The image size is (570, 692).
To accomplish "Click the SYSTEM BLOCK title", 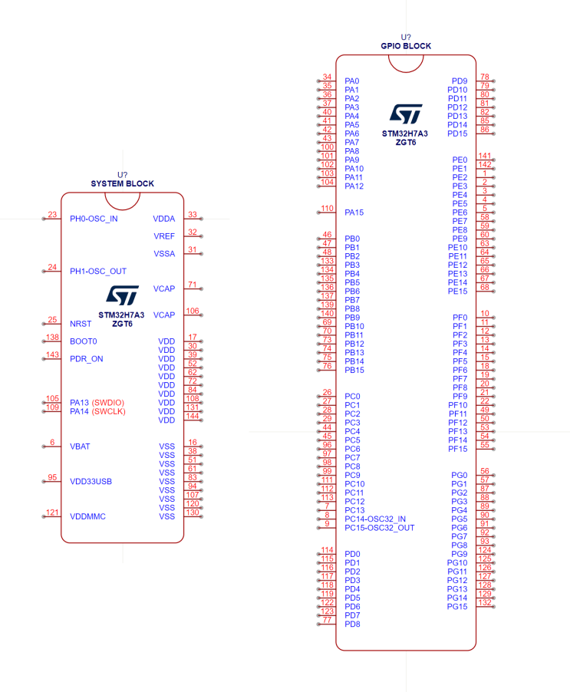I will [x=122, y=184].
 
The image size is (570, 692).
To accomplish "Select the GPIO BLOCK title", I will [x=406, y=46].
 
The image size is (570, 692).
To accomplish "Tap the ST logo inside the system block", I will [x=122, y=296].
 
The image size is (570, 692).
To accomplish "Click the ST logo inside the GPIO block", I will [x=405, y=114].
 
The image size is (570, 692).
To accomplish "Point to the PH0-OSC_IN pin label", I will [x=94, y=219].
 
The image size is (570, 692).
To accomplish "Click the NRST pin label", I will [x=81, y=324].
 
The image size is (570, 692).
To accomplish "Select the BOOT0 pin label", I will [x=83, y=341].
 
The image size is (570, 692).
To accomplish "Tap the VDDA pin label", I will [x=164, y=219].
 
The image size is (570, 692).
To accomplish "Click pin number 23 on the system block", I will [x=52, y=215].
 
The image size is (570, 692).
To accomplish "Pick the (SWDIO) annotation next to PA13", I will [x=108, y=403].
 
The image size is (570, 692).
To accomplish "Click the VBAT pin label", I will [x=81, y=447].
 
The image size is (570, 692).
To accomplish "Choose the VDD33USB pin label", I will [x=91, y=482].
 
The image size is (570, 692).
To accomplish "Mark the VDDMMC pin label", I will [x=87, y=517].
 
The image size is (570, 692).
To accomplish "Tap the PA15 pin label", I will [x=354, y=213].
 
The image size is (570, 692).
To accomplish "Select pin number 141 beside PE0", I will [x=484, y=156].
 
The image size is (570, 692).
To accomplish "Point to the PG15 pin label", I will [x=457, y=607].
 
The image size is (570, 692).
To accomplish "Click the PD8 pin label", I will [x=353, y=624].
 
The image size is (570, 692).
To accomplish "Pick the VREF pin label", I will [x=164, y=236].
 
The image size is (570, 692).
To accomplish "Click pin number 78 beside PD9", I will [x=485, y=77].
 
